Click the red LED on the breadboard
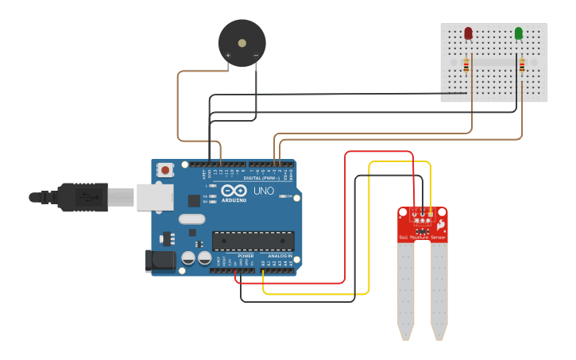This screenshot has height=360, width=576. tap(468, 33)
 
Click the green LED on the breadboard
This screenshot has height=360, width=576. tap(519, 33)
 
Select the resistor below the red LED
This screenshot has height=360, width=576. tap(466, 65)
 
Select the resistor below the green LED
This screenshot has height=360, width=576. tap(522, 66)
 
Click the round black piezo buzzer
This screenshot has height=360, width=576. tap(242, 44)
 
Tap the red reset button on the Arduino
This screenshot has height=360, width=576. tap(165, 169)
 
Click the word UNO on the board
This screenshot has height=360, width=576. tap(263, 192)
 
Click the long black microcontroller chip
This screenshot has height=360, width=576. tap(253, 241)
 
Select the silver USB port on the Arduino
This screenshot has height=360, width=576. tap(154, 197)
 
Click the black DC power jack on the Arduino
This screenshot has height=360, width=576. tap(159, 261)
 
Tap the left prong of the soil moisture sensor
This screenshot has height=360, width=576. tap(406, 290)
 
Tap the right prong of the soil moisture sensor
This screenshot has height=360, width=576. tap(439, 290)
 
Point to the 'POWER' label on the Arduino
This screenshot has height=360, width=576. tap(245, 256)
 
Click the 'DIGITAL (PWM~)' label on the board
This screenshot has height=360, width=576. tap(262, 178)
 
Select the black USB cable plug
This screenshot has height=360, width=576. tap(80, 196)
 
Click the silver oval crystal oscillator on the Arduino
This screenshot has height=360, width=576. tap(191, 219)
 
